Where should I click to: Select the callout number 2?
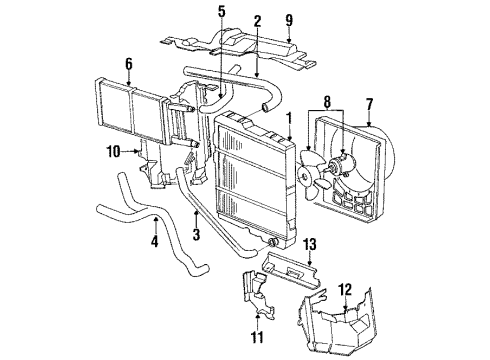click(x=257, y=21)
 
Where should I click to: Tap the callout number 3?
click(x=196, y=234)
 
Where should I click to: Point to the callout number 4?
click(x=155, y=240)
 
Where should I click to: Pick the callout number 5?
click(x=222, y=12)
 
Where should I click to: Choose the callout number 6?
click(x=129, y=65)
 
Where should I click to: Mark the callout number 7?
click(x=369, y=106)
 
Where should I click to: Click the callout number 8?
click(x=327, y=102)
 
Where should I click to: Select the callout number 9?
click(x=289, y=21)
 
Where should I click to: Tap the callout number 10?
click(x=114, y=151)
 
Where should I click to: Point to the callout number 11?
click(x=257, y=336)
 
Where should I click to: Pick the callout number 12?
click(x=346, y=290)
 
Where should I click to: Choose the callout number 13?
click(x=309, y=245)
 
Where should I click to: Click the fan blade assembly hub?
click(x=304, y=176)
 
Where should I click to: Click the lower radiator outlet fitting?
click(x=273, y=242)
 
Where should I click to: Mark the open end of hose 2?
click(x=266, y=107)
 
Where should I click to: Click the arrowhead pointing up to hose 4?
click(x=155, y=219)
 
